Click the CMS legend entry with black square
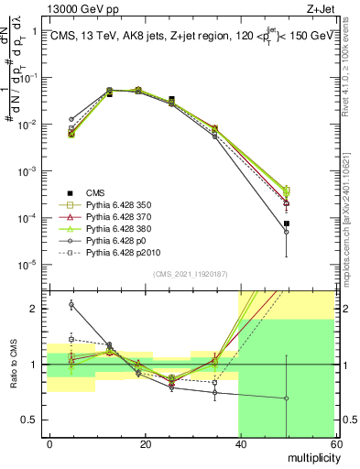[x=96, y=192]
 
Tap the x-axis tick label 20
[x=145, y=442]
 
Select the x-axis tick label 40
[x=239, y=442]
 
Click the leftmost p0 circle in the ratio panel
[x=71, y=304]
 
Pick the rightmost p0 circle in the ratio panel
[x=287, y=398]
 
